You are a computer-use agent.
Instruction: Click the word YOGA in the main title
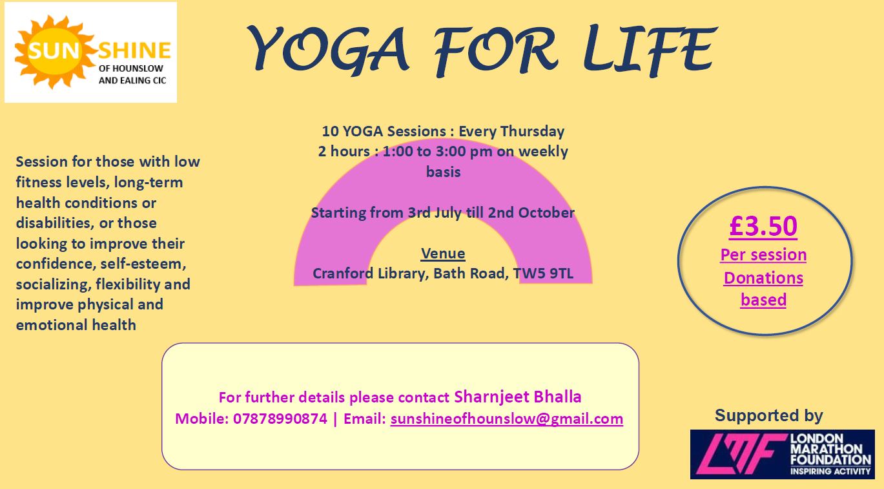click(327, 49)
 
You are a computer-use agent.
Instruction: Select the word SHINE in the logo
click(134, 50)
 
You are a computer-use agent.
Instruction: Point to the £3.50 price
click(763, 226)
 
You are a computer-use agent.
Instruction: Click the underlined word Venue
click(443, 253)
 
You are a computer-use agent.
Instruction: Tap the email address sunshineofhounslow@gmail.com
click(507, 419)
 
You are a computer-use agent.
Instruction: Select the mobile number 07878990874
click(280, 419)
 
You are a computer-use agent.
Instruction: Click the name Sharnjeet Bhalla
click(518, 397)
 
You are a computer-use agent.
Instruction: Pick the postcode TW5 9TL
click(544, 273)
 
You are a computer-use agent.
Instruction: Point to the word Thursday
click(532, 131)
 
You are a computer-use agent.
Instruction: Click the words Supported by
click(769, 415)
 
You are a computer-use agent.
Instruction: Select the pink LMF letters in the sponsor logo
click(741, 454)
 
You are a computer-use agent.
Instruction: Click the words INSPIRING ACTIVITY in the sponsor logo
click(830, 471)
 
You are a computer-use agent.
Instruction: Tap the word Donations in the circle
click(763, 278)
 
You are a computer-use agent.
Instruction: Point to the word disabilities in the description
click(55, 223)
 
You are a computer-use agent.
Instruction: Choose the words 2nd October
click(531, 213)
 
